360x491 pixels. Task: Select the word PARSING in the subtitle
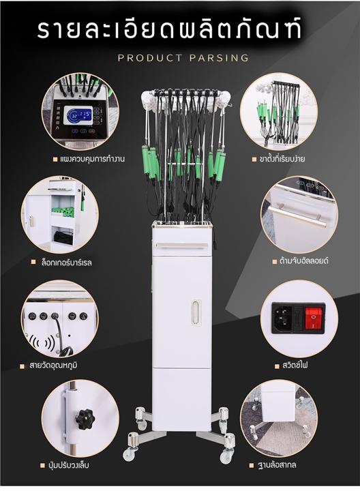(x=219, y=58)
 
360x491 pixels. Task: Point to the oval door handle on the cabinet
(x=196, y=312)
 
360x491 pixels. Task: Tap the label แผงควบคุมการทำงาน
(x=93, y=159)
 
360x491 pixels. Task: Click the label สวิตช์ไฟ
(x=295, y=365)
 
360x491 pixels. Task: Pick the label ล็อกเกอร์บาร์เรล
(x=67, y=263)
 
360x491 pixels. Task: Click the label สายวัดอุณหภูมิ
(x=53, y=366)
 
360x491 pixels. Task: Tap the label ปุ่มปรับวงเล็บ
(x=69, y=465)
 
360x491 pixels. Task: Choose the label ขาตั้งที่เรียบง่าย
(x=282, y=159)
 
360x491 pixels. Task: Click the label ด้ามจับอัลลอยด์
(x=303, y=261)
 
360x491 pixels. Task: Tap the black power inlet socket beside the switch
(x=284, y=317)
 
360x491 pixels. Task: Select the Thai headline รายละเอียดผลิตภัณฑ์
(x=169, y=29)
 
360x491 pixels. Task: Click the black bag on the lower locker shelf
(x=64, y=237)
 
